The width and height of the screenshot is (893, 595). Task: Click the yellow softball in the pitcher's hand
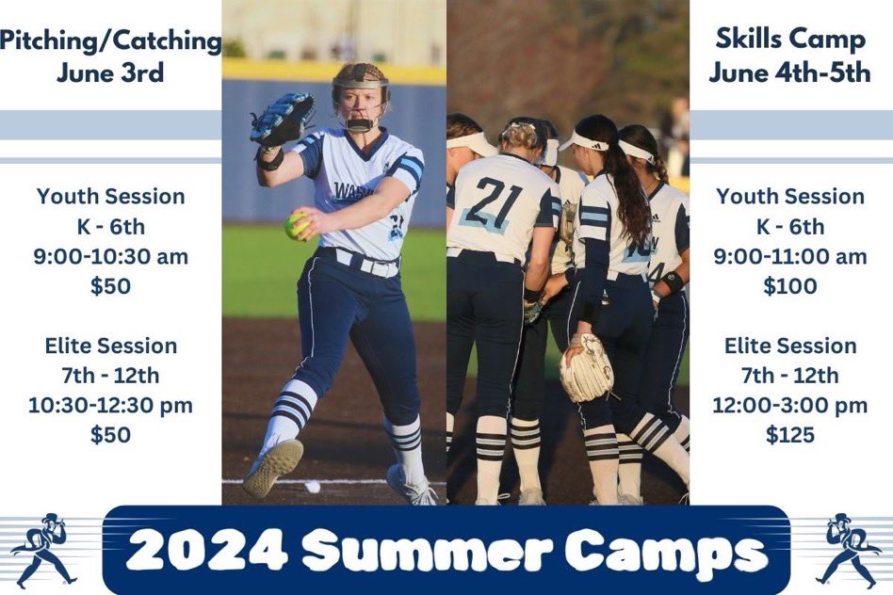coord(298,225)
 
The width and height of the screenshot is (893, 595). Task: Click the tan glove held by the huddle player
coord(586,368)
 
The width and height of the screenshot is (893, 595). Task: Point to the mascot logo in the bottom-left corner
coord(43,550)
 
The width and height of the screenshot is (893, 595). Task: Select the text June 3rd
coord(110,73)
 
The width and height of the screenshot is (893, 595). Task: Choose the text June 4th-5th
coord(789,73)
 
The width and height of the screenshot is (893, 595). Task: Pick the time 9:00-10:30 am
coord(110,256)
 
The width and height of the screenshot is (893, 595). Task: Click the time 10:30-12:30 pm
coord(110,405)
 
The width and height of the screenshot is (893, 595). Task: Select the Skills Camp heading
coord(789,40)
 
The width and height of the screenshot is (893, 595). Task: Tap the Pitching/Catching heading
coord(110,40)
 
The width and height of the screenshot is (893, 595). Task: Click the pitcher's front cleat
coord(273,467)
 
